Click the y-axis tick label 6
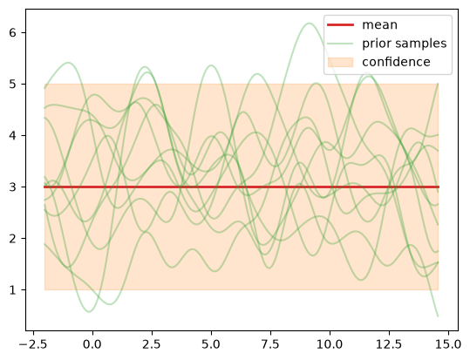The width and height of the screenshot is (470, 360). [x=12, y=32]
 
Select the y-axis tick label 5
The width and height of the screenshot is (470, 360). [x=12, y=85]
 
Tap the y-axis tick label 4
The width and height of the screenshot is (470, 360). [x=12, y=135]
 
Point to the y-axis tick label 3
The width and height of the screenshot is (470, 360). [x=12, y=187]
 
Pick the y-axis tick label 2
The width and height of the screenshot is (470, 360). [x=12, y=239]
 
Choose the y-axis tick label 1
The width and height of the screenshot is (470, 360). [x=12, y=290]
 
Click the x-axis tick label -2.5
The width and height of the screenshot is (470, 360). [x=33, y=344]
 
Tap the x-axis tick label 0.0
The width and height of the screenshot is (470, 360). [x=92, y=344]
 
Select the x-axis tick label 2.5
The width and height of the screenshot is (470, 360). [x=152, y=344]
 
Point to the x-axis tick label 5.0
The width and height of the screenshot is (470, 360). [x=211, y=344]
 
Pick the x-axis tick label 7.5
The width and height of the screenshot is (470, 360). [x=270, y=344]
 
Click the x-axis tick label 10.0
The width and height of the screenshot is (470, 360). [x=330, y=344]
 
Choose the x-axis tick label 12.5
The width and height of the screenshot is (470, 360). [x=389, y=344]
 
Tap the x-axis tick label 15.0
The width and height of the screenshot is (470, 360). [x=448, y=344]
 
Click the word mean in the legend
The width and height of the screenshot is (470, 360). [x=380, y=25]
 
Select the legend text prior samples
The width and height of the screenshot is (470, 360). [x=405, y=44]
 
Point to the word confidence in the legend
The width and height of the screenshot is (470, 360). [x=396, y=62]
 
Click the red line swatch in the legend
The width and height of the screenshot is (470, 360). [x=340, y=25]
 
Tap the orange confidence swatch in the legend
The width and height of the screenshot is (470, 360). [x=340, y=62]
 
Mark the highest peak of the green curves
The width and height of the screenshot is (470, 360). [x=309, y=23]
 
